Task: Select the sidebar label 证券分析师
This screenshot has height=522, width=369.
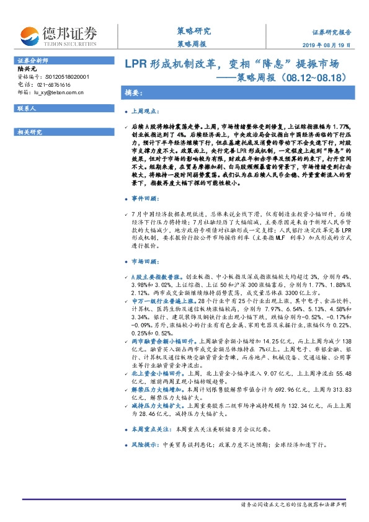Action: click(x=30, y=60)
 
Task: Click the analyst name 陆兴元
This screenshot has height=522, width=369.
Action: click(x=27, y=69)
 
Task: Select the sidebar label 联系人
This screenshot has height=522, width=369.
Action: click(x=27, y=108)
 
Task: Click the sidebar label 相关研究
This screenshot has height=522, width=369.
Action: click(x=29, y=131)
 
